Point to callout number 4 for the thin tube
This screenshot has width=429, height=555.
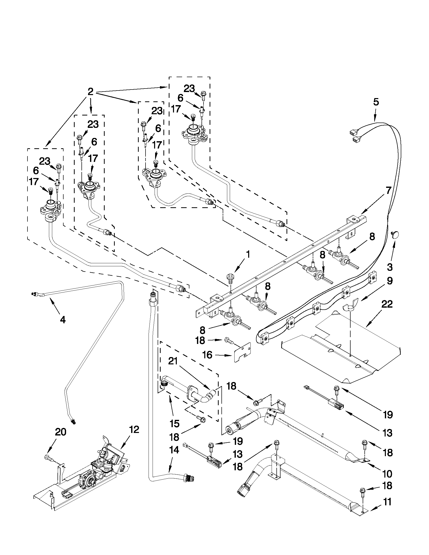(63, 319)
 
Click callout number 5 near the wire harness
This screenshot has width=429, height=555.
(376, 102)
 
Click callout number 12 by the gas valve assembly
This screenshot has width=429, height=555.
(134, 429)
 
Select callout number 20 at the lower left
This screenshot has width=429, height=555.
(61, 432)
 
